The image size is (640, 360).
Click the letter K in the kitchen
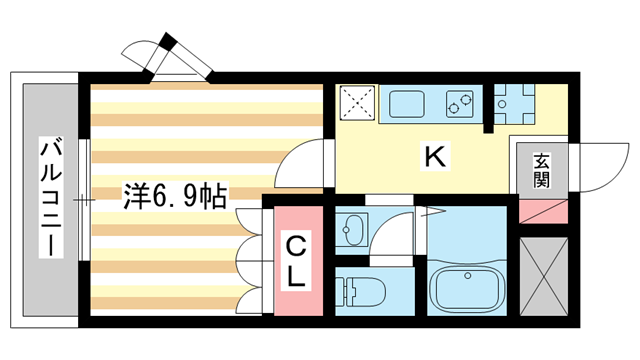click(436, 157)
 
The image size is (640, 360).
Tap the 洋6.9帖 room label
click(175, 196)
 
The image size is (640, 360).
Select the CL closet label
click(296, 262)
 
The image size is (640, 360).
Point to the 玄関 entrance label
click(541, 171)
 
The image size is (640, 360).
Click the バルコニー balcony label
click(51, 198)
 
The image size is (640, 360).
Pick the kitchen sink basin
click(407, 104)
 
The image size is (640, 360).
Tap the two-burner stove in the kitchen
click(460, 104)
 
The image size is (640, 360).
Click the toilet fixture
click(361, 292)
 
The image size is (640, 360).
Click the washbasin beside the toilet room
click(352, 229)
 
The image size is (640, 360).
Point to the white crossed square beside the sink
click(357, 103)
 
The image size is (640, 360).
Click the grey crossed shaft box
click(544, 277)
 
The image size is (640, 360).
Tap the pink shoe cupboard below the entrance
click(543, 211)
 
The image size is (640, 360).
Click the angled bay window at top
click(168, 57)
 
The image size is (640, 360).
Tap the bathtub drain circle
click(468, 276)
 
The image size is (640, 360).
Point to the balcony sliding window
click(84, 200)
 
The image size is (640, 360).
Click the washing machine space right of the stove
click(514, 104)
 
